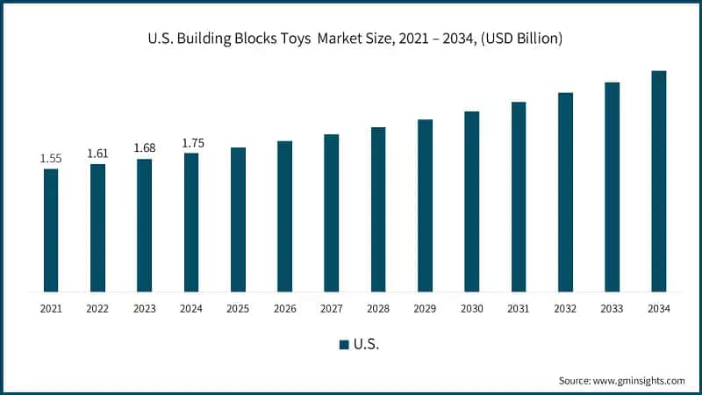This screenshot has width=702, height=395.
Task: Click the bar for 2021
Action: (x=51, y=230)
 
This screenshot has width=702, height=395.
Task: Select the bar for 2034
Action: (x=658, y=181)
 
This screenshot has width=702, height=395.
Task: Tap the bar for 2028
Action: (x=378, y=209)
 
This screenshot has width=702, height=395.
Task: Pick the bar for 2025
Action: (x=238, y=219)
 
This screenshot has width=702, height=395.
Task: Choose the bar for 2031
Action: (x=519, y=197)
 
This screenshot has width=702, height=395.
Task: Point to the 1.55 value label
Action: (x=51, y=159)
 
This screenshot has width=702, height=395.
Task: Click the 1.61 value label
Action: (x=97, y=154)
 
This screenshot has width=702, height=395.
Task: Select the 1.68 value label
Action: (x=144, y=148)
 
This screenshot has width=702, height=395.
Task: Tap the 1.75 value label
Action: (x=191, y=143)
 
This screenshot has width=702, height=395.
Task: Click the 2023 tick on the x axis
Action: (x=144, y=308)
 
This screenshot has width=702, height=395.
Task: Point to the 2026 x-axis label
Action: (x=284, y=308)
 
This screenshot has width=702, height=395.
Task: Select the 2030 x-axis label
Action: (x=471, y=308)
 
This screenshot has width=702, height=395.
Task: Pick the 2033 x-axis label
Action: (x=612, y=308)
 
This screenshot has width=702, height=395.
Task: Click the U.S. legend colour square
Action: (x=344, y=344)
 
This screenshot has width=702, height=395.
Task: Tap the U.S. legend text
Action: (x=367, y=344)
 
